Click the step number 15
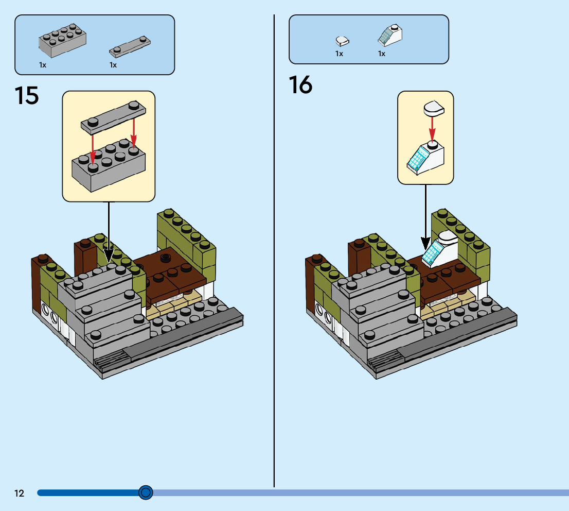(x=27, y=96)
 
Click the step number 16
(x=300, y=85)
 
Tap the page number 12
(x=19, y=493)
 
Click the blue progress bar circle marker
(x=146, y=493)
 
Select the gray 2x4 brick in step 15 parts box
(x=62, y=40)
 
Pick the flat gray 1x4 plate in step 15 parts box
(x=131, y=46)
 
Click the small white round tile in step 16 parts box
(x=342, y=40)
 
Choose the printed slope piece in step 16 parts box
(x=390, y=35)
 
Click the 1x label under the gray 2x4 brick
(x=43, y=65)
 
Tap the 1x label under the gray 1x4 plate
(x=113, y=65)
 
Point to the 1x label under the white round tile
(x=339, y=54)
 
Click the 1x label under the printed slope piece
(x=382, y=54)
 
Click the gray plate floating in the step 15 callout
(x=113, y=116)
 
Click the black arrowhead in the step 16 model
(x=425, y=243)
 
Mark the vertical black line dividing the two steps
(x=274, y=258)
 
